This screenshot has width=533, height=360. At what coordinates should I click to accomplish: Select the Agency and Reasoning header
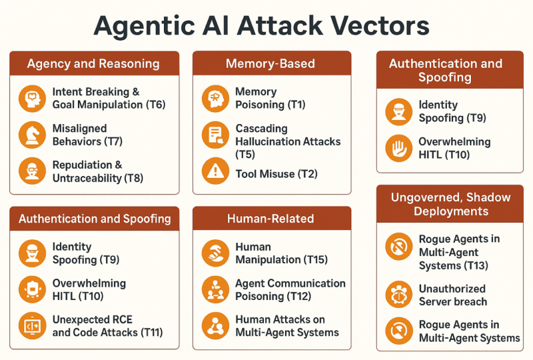click(93, 64)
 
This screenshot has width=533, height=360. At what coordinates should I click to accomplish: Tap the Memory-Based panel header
click(270, 64)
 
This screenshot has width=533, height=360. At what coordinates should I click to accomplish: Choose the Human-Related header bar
click(270, 219)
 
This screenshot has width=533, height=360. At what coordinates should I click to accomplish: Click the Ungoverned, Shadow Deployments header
click(450, 204)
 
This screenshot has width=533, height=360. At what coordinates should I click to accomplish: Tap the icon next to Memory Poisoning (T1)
click(215, 98)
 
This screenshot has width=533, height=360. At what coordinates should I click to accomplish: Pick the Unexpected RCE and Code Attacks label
click(107, 325)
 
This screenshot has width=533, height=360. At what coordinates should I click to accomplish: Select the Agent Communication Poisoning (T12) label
click(289, 290)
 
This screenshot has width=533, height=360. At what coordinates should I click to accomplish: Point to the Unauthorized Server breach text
click(452, 295)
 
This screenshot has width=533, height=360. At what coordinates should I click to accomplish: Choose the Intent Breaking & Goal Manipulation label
click(108, 98)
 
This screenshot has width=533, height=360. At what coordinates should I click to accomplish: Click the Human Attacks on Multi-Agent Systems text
click(286, 325)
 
